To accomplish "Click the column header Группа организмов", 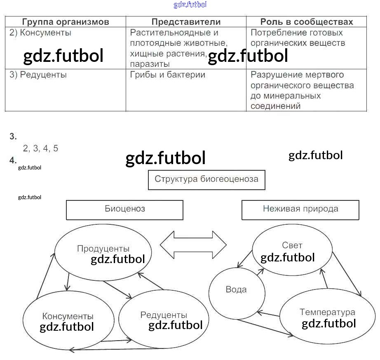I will coord(66,22).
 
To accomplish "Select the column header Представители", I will coord(186,22).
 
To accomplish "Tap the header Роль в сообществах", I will coord(307,22).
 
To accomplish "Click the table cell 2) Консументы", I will coord(40,33).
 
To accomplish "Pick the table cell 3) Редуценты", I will coord(38,75).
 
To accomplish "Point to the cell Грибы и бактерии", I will coord(167,75).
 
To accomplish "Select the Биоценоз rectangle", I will coord(124,209).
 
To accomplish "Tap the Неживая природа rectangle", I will coord(300,209).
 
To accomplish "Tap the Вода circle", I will coord(236,290).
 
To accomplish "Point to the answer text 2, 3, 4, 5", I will coord(41,149).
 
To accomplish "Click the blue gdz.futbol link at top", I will coord(190,5).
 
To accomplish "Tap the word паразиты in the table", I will coord(150,64).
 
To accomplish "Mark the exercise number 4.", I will coord(13,160).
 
